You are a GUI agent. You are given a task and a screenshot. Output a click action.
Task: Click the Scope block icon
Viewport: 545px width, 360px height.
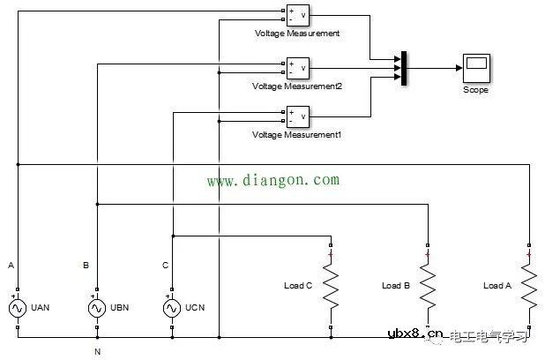click(x=476, y=67)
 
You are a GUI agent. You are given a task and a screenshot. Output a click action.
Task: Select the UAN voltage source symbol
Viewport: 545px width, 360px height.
click(x=18, y=309)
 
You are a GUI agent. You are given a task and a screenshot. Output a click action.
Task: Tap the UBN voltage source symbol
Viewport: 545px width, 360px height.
click(x=97, y=309)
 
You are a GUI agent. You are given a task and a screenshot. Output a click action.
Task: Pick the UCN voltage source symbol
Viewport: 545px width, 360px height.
click(x=173, y=309)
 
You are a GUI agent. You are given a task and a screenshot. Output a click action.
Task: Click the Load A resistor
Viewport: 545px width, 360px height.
click(x=528, y=286)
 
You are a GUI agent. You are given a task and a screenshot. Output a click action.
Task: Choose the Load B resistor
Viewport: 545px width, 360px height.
click(x=428, y=286)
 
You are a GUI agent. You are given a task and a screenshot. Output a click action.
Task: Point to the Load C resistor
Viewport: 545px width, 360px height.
click(x=331, y=286)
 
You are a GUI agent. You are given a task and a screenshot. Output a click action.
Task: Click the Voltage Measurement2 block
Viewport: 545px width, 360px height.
click(x=296, y=67)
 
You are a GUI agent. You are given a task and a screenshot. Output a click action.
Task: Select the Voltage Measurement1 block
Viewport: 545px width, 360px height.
click(x=296, y=115)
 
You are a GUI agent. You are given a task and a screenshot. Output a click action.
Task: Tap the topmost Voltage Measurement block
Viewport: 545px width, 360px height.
click(x=296, y=14)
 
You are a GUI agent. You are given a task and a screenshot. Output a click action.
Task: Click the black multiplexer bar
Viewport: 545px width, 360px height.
click(x=403, y=68)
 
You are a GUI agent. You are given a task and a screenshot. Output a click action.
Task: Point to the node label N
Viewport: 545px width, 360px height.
click(x=97, y=352)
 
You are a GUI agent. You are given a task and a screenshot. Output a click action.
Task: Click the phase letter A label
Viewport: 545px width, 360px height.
click(x=11, y=265)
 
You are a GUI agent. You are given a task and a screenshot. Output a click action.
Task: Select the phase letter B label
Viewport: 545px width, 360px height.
click(x=86, y=265)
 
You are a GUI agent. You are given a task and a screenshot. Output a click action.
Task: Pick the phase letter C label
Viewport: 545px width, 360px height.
click(x=165, y=265)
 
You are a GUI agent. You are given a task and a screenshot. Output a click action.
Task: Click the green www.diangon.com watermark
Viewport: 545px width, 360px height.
click(x=272, y=180)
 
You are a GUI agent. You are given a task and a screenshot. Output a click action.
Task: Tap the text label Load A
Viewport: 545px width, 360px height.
click(x=497, y=286)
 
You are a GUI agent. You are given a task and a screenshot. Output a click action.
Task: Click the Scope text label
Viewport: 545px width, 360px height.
click(x=475, y=90)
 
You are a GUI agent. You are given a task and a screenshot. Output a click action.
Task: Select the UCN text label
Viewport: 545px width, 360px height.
click(x=197, y=309)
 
